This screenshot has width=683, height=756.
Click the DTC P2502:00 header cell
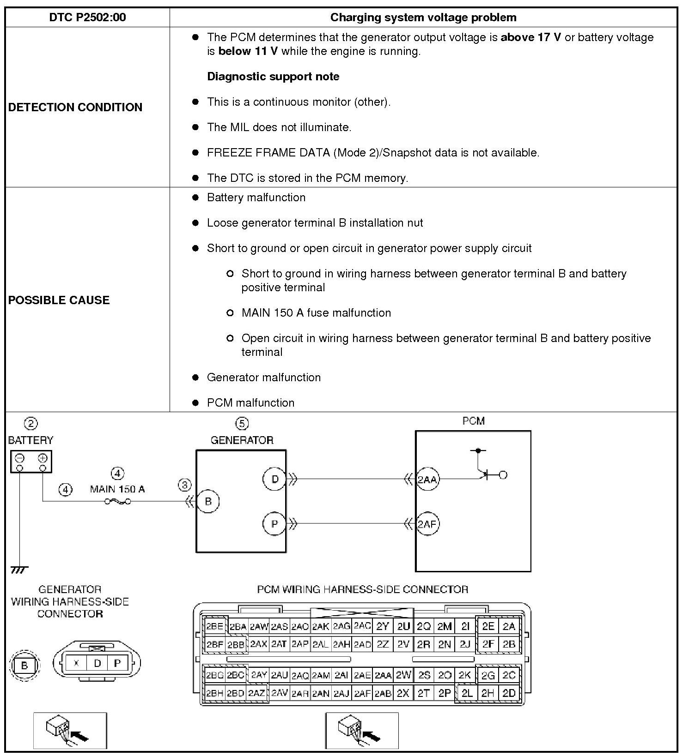tap(87, 18)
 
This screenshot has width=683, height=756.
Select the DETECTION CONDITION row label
tap(75, 107)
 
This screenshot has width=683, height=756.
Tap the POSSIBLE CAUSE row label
tap(59, 300)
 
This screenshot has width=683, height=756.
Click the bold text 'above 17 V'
tap(531, 37)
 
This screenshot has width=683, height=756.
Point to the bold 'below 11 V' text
tap(248, 51)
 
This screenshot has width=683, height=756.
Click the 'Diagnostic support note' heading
tap(273, 77)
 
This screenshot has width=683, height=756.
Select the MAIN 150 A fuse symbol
tap(117, 502)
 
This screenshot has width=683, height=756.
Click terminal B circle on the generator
tap(208, 502)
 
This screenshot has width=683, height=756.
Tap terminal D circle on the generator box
tap(274, 479)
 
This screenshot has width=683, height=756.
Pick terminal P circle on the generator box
tap(274, 524)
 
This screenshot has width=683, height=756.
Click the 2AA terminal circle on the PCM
tap(427, 480)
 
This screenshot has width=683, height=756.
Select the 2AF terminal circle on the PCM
tap(427, 524)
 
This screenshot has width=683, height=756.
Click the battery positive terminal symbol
tap(43, 458)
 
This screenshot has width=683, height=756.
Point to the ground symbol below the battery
tap(19, 570)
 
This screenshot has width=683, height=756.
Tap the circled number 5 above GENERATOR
tap(242, 423)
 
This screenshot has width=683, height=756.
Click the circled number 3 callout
tap(184, 485)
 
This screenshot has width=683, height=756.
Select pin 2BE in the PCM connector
tap(214, 626)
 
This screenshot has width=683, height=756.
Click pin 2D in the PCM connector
tap(509, 693)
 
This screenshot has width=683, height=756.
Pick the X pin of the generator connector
tap(76, 663)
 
